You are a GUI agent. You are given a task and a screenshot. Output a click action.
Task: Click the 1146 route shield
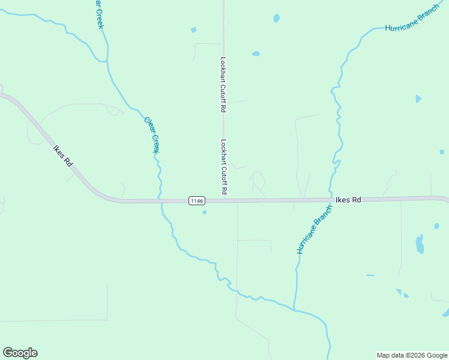click(x=196, y=200)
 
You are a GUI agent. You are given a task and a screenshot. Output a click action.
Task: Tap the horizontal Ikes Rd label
click(x=348, y=200)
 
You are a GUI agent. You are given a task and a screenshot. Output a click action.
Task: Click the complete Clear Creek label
click(x=152, y=134)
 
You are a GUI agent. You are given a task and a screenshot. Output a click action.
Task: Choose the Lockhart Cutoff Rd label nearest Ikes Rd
click(x=223, y=167)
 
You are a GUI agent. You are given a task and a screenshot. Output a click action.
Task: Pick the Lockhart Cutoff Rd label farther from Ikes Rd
click(x=223, y=85)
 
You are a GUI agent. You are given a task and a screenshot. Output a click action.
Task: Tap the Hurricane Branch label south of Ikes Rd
click(x=314, y=230)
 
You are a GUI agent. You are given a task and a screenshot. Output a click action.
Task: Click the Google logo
click(x=20, y=353)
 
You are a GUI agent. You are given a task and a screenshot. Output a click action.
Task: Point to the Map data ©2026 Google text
click(x=412, y=355)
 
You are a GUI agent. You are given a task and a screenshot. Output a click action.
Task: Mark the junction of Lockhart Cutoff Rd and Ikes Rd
click(x=224, y=201)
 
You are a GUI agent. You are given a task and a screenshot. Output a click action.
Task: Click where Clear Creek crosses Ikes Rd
click(x=160, y=201)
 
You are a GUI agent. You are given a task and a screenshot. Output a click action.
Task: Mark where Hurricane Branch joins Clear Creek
click(x=294, y=310)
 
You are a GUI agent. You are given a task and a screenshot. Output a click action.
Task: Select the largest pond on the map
click(x=420, y=244)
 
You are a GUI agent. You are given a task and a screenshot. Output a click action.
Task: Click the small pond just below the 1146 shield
click(x=205, y=212)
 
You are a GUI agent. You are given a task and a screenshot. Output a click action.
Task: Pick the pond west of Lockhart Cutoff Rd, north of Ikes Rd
click(x=193, y=29)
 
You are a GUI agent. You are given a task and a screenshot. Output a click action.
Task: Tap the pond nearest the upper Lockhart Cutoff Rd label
click(x=256, y=53)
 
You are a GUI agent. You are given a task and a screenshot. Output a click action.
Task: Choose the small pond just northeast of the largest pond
click(x=436, y=226)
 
